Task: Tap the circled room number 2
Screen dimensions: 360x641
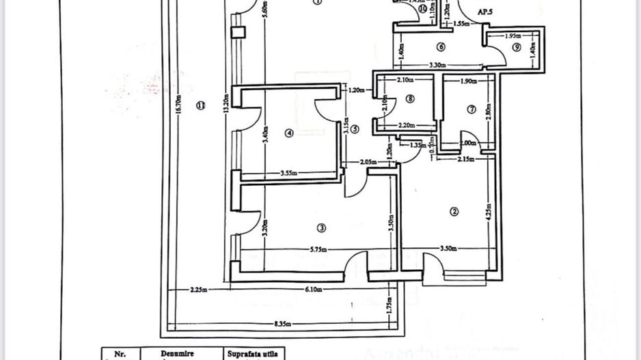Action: pos(454,211)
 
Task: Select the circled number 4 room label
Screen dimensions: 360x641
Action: pos(288,134)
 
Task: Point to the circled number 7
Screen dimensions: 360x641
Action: pos(471,109)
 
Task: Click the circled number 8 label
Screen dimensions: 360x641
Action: pos(409,98)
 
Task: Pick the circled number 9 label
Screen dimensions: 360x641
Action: pos(517,47)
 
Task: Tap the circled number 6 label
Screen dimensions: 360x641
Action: pos(440,47)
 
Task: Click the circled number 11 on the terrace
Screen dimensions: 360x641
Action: pos(200,105)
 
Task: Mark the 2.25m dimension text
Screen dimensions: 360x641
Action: pos(200,290)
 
